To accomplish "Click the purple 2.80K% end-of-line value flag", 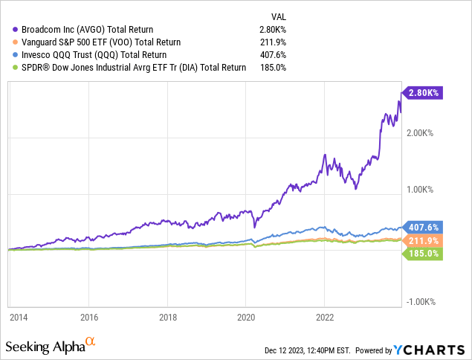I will (423, 93).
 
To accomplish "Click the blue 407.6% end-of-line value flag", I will (423, 227).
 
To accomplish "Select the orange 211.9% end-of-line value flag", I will (423, 240).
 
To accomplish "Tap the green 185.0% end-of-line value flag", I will (423, 254).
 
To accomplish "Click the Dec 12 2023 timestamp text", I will (308, 350).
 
